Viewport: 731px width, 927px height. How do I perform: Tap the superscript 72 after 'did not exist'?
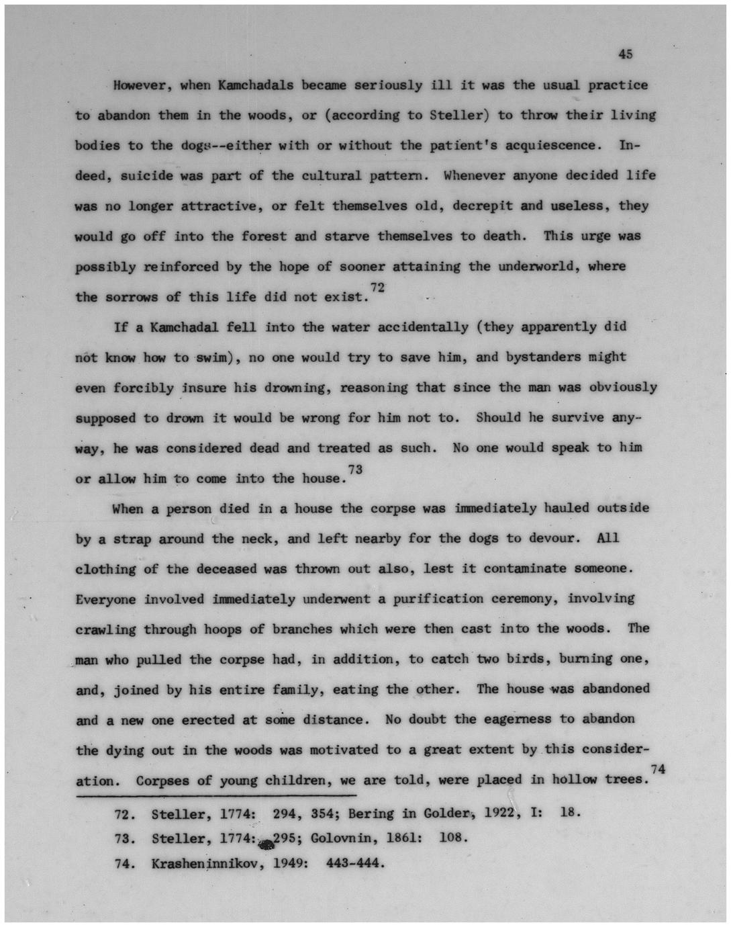(377, 288)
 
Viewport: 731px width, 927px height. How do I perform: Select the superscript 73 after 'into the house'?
(354, 470)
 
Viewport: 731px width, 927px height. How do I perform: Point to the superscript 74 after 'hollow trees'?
(657, 770)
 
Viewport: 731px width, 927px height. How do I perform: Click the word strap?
(132, 539)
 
